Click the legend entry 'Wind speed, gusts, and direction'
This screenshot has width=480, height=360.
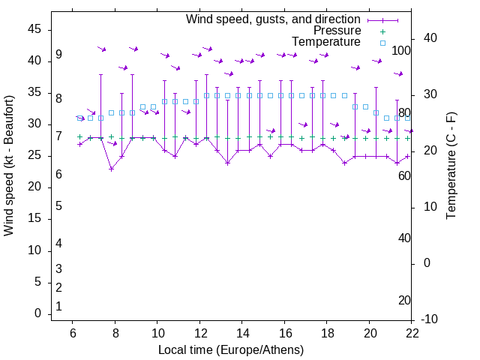pos(273,19)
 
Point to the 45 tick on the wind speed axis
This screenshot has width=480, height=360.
pos(35,29)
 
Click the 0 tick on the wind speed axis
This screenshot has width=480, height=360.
pos(38,314)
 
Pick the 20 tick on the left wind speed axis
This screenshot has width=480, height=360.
pos(35,187)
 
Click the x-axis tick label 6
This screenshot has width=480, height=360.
pos(72,334)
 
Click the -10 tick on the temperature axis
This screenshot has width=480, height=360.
pos(430,319)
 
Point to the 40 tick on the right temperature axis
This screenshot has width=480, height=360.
pos(430,38)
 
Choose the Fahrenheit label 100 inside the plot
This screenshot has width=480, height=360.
pos(401,50)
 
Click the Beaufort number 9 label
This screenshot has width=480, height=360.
pos(58,55)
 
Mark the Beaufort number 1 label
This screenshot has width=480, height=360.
pos(58,306)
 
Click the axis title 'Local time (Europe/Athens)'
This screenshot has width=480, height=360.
pos(231,349)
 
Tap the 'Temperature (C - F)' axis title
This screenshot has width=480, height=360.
pos(451,166)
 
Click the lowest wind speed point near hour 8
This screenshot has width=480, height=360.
pos(111,169)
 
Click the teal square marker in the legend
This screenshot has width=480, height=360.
pos(382,43)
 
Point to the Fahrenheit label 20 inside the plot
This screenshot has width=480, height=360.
pos(404,300)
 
